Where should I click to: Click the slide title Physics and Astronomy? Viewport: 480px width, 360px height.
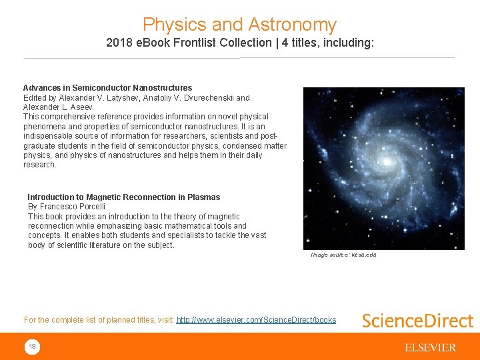(x=239, y=25)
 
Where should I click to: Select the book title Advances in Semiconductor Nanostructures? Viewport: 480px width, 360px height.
(x=107, y=87)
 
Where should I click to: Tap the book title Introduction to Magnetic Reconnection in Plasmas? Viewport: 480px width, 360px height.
(x=123, y=197)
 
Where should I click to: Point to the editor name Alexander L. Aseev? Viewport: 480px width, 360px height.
(x=58, y=107)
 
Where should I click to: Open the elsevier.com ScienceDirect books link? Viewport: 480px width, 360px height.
(x=256, y=320)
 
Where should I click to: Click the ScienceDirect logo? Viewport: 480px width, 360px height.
(x=417, y=321)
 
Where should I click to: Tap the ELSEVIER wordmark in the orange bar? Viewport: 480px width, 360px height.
(x=430, y=347)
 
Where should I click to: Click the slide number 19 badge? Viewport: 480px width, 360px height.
(x=32, y=347)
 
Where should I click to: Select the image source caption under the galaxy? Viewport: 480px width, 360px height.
(x=343, y=255)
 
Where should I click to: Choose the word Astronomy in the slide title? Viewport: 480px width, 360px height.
(x=292, y=25)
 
